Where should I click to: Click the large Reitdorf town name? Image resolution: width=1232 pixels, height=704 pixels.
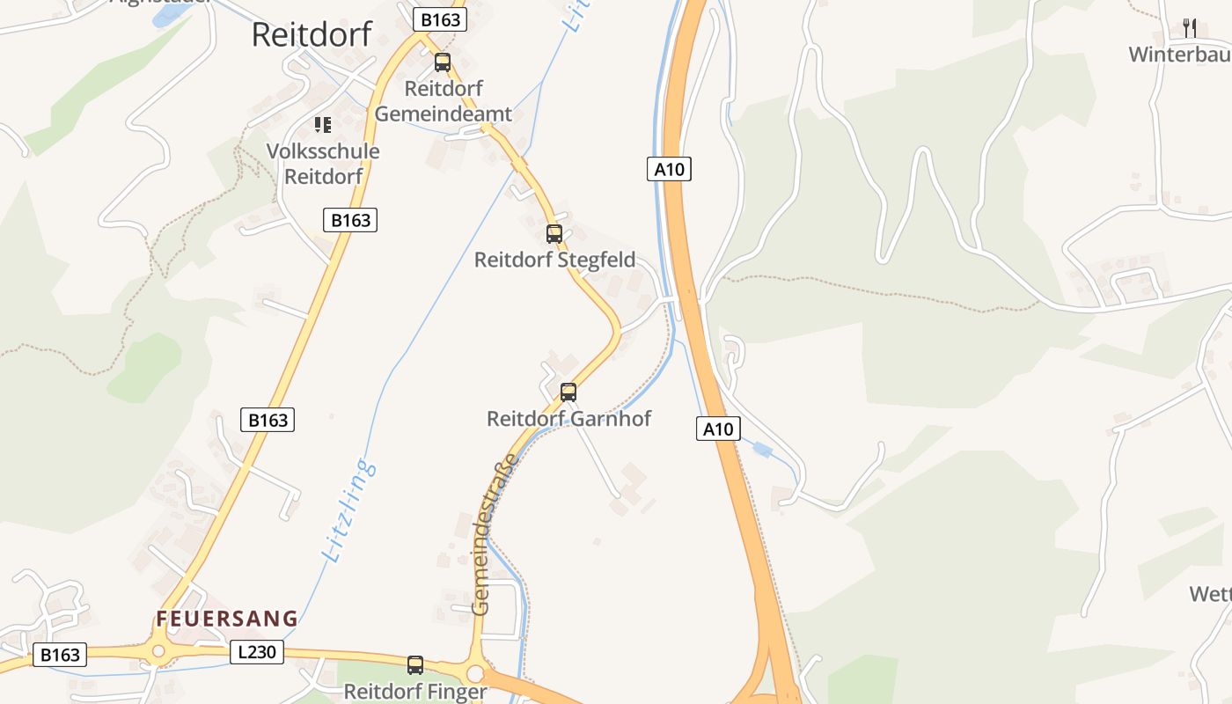click(312, 34)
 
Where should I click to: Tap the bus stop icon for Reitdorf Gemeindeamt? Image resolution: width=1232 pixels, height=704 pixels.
click(443, 62)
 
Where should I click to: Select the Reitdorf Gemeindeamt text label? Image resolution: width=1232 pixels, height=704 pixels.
click(444, 101)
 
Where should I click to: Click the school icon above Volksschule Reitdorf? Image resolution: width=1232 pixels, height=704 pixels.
click(323, 125)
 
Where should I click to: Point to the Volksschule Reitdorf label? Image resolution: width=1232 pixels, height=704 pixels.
click(323, 164)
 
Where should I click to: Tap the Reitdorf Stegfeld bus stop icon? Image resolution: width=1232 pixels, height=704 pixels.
click(554, 234)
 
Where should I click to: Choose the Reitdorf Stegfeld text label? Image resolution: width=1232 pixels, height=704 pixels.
click(554, 260)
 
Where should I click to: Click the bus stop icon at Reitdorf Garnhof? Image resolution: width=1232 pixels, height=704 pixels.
click(568, 392)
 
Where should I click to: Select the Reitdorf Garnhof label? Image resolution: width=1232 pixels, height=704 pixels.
click(568, 419)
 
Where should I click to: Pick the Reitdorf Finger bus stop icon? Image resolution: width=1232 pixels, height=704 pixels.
click(415, 665)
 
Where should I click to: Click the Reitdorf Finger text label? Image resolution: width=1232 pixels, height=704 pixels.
click(415, 692)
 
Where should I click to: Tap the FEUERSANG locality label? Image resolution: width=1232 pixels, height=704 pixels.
click(227, 619)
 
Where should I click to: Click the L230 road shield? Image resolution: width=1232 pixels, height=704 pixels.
click(257, 652)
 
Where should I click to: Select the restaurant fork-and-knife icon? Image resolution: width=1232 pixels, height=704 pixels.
click(1190, 27)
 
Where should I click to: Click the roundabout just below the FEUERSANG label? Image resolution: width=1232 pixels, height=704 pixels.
click(158, 652)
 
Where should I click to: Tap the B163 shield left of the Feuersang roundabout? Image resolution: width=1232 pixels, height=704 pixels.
click(60, 655)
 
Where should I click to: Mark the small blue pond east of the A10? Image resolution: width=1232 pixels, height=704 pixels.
click(762, 451)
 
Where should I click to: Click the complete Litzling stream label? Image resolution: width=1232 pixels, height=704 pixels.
click(350, 510)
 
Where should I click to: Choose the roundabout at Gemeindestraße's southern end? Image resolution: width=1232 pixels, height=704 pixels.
click(475, 674)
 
